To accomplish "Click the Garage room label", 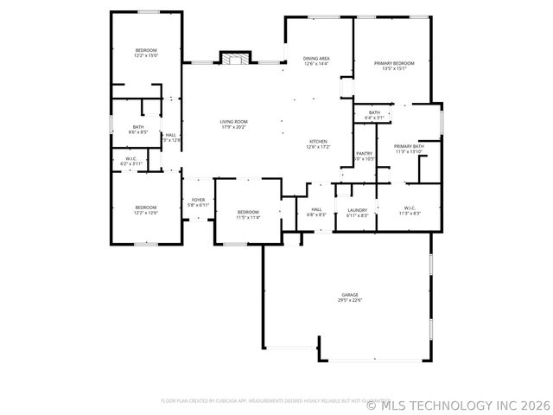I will pos(349,295).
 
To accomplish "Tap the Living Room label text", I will pos(233,121).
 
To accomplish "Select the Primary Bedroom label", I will pos(394,63).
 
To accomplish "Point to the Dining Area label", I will pos(316,58).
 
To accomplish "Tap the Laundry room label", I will pos(358,209).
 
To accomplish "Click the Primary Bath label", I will pos(409,146).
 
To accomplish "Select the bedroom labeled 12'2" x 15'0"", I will pos(146,50).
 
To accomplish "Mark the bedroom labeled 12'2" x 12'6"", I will pos(145,207).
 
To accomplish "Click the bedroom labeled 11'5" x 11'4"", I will pos(248,212).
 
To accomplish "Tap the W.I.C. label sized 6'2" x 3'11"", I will pos(131,158).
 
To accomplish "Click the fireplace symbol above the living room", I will pos(233,58).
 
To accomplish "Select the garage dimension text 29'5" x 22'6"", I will pos(349,300).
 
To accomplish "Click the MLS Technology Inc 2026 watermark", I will pos(458,403).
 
